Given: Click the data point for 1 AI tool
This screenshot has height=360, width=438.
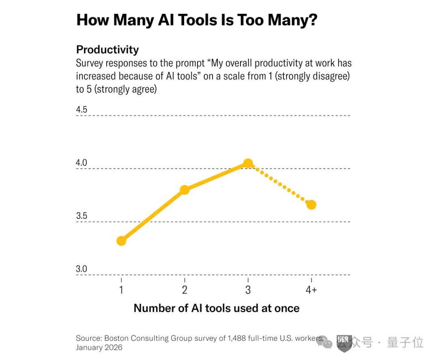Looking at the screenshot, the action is coord(121,241).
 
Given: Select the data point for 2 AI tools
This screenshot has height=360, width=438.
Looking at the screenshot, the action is coord(185,190).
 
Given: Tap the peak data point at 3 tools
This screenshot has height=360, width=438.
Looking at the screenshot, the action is coord(248,163).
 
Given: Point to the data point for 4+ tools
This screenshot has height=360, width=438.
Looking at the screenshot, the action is coord(311,205).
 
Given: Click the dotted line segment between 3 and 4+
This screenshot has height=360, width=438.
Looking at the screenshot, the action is coord(279,184).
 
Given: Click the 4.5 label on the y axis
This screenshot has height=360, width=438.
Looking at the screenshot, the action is coord(82,109).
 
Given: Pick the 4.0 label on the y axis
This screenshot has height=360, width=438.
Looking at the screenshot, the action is coord(82,163).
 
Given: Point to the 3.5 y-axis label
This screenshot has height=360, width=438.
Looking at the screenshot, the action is coord(82,216).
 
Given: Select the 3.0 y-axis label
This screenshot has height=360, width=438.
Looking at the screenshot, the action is coord(82,269).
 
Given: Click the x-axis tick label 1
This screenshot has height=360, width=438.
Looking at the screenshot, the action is coord(121,290).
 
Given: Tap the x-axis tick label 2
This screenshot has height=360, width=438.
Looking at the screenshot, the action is coord(185,290).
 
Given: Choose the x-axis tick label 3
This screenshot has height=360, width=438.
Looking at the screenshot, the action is coord(248,290).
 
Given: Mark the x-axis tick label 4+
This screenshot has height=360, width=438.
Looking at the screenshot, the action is coord(311,290).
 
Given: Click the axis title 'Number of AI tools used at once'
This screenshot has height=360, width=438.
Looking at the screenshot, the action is coord(217,308).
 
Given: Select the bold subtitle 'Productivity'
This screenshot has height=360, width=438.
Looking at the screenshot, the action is coord(107,50).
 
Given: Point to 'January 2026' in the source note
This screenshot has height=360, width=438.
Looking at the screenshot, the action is coord(99,347).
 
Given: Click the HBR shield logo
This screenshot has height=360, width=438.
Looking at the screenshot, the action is coord(344,343).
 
